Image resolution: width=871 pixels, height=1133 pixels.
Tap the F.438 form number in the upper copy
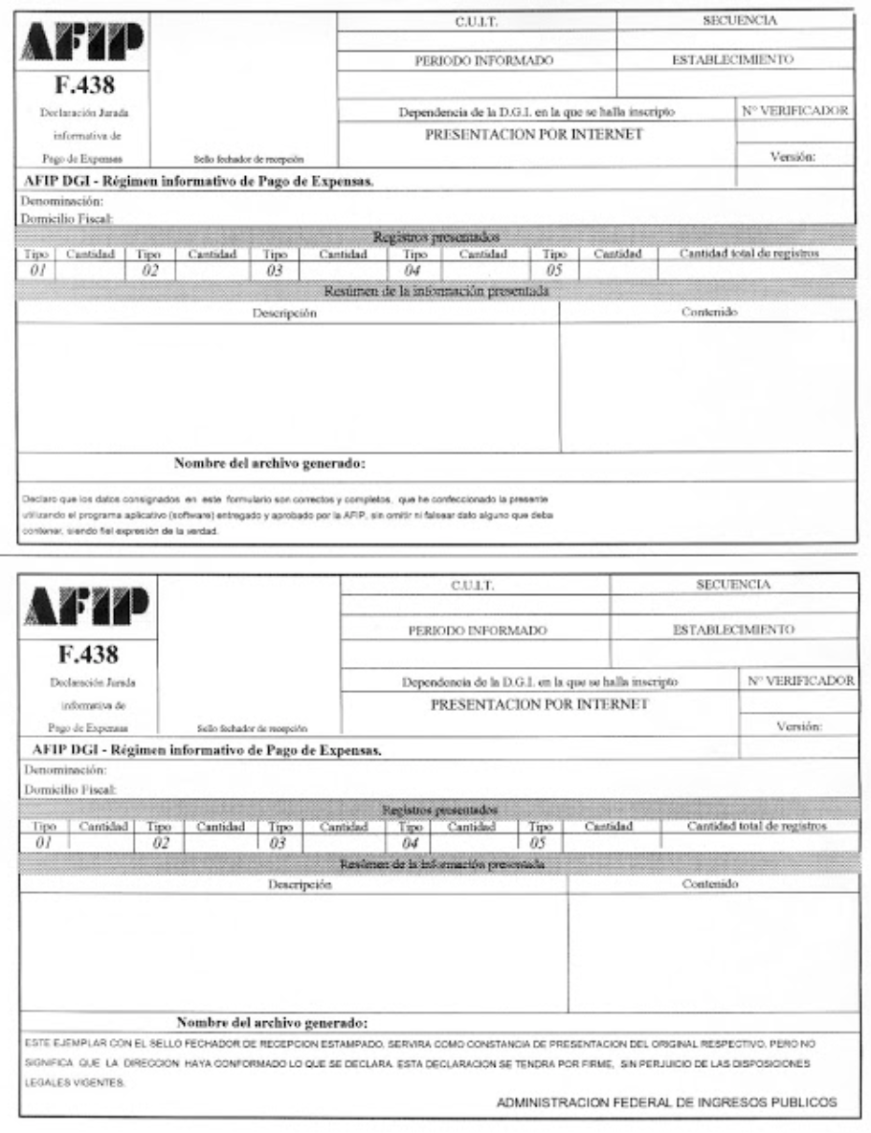click(80, 87)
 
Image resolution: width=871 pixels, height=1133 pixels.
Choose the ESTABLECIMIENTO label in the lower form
click(731, 630)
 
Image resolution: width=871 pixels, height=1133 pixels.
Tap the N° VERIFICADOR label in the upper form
click(795, 111)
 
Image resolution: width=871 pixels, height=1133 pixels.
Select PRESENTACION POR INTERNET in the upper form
click(533, 134)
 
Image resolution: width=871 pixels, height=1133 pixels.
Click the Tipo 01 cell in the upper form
click(35, 263)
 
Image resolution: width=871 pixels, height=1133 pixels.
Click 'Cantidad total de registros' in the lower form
click(757, 825)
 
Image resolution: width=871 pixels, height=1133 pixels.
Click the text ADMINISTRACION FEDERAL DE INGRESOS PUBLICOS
click(667, 1101)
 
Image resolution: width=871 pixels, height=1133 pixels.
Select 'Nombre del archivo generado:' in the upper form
click(272, 466)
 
